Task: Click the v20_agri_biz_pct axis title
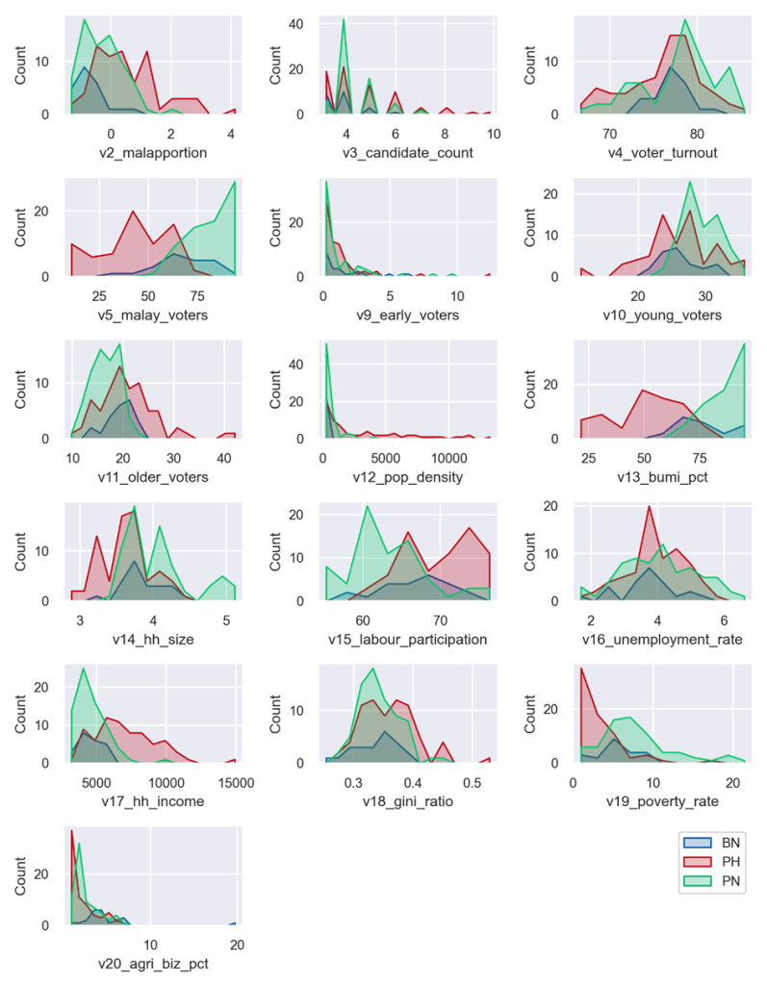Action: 153,963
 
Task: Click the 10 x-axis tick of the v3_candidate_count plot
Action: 493,133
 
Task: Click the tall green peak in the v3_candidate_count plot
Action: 343,20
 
